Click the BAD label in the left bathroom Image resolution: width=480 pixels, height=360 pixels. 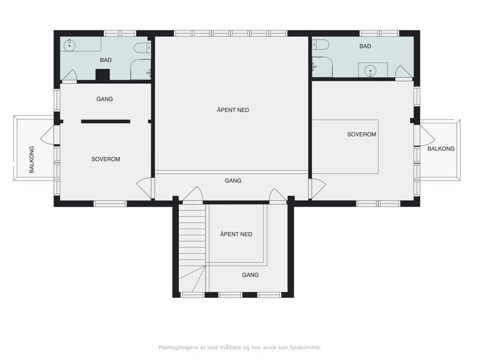coord(106,60)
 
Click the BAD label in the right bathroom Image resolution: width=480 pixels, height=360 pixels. coord(365,46)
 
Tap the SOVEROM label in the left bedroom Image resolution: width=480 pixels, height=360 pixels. coord(106,159)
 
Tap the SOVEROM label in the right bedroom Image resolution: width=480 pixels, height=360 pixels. coord(361,134)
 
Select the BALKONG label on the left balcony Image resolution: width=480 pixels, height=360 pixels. coord(32,159)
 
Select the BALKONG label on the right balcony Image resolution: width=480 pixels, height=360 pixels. coord(441,149)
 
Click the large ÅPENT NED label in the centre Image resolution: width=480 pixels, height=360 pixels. coord(233,110)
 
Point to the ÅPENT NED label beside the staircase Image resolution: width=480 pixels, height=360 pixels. coord(236,234)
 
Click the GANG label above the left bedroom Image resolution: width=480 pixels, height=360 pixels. coord(104,99)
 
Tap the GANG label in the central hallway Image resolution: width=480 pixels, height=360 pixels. coord(233,180)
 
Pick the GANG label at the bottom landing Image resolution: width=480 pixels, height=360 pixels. coord(250,275)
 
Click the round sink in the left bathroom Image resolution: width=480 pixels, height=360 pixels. coord(69,45)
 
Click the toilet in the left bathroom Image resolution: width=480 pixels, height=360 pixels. coord(142,47)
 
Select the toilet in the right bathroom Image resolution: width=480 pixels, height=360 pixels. coord(321,45)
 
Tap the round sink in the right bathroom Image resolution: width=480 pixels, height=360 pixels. coord(370,71)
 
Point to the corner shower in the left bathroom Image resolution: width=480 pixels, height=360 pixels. coord(141,70)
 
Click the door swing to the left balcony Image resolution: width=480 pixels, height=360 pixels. coord(47,135)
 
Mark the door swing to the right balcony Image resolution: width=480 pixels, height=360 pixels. coord(427,136)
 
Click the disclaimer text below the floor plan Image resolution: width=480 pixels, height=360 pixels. coord(239,347)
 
